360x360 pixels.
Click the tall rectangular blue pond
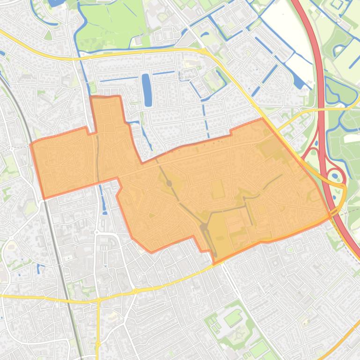(x=147, y=89)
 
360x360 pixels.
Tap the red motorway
(x=320, y=94)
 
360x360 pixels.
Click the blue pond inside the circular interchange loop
(x=335, y=177)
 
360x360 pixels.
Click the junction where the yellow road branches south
(x=98, y=299)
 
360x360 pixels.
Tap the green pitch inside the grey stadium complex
(x=233, y=319)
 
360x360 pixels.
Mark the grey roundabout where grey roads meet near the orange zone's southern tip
(x=205, y=228)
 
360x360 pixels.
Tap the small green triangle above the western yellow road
(x=48, y=36)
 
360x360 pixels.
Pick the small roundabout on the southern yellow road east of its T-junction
(x=136, y=291)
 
